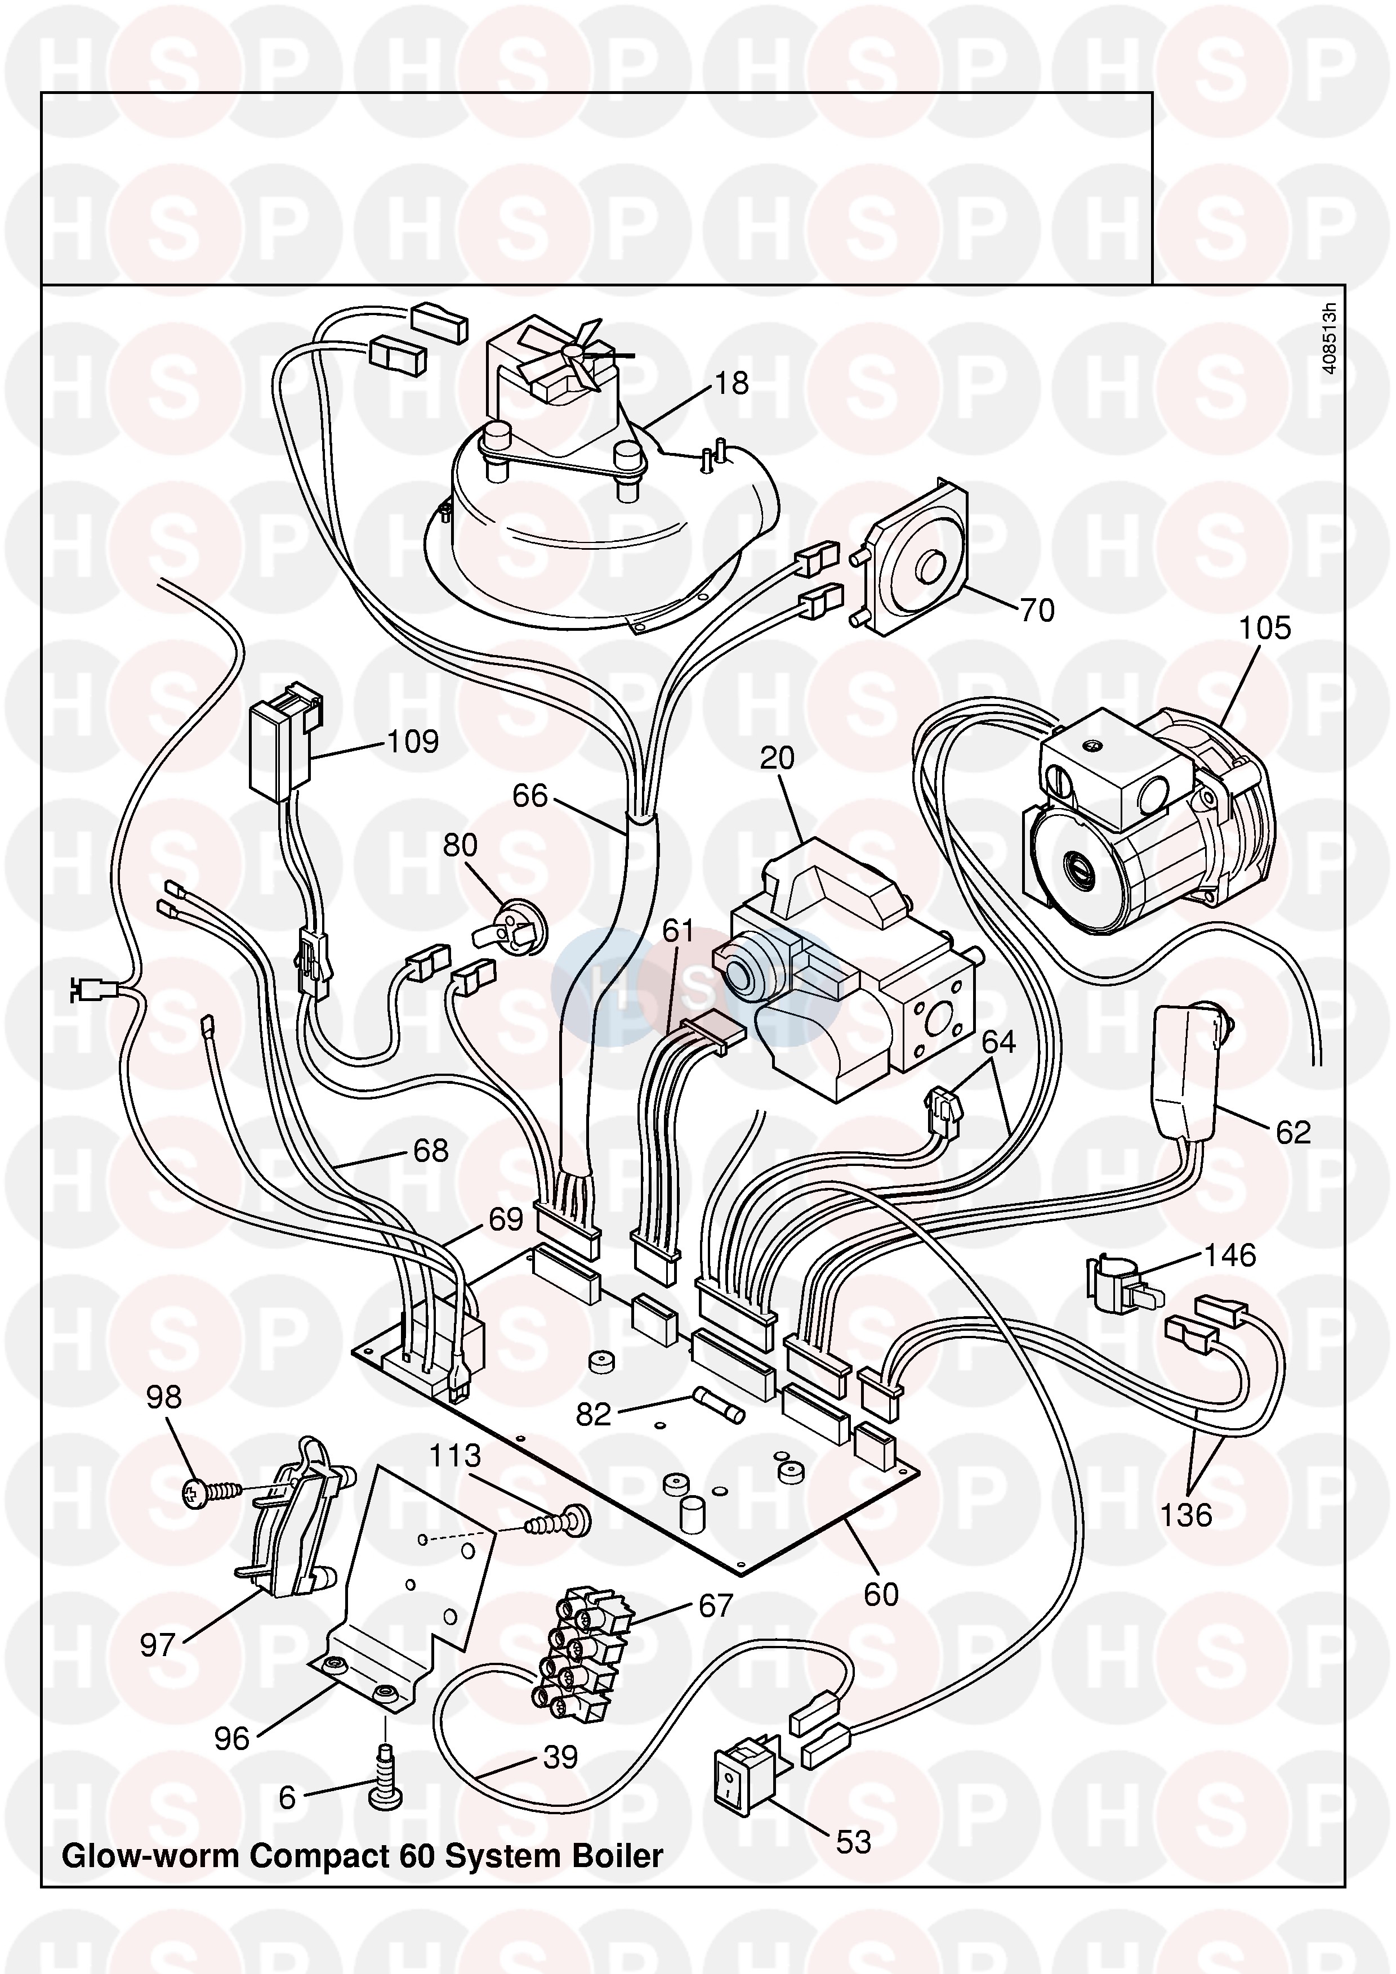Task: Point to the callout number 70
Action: point(1037,611)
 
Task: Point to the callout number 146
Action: point(1230,1255)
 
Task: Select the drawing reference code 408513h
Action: point(1330,338)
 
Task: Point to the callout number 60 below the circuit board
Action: point(881,1595)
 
